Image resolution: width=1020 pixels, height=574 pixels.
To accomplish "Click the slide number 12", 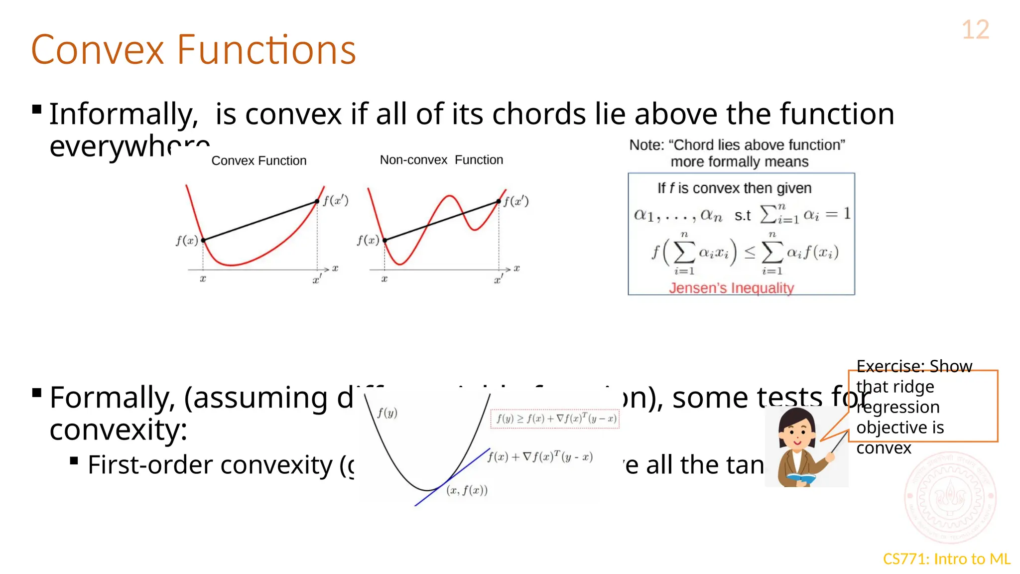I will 975,30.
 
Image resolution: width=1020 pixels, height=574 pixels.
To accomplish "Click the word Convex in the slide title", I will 98,50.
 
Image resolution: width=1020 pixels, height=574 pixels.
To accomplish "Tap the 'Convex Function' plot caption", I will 258,161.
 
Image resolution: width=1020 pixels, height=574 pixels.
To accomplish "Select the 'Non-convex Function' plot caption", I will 441,160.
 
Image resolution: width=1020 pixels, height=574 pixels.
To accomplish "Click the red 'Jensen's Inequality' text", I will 731,288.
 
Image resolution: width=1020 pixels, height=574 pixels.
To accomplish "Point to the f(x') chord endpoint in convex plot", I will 317,201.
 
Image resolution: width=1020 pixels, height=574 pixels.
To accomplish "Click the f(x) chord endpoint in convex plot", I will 203,240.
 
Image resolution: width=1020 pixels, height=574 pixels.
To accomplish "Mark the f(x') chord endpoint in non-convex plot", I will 499,201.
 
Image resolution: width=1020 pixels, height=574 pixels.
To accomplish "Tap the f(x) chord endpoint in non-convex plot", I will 385,240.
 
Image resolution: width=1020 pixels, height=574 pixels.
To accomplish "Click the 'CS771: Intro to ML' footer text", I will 946,559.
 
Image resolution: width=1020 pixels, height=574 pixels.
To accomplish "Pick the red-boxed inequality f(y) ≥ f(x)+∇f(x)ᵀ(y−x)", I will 555,419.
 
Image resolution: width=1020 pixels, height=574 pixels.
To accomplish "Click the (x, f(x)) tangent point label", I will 467,490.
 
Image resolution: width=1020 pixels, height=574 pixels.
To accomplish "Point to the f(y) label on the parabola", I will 387,413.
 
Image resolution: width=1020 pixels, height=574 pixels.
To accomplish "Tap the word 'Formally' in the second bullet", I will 112,398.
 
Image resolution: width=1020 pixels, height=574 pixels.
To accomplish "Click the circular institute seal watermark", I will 950,497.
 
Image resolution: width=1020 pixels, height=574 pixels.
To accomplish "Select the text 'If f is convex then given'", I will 734,188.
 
